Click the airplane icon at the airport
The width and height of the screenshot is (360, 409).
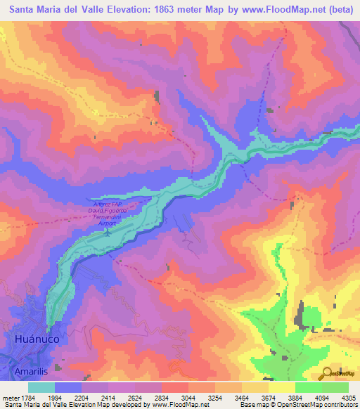(x=107, y=231)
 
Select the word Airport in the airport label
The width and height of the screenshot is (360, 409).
(x=107, y=223)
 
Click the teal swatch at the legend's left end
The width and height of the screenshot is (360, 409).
(x=41, y=387)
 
